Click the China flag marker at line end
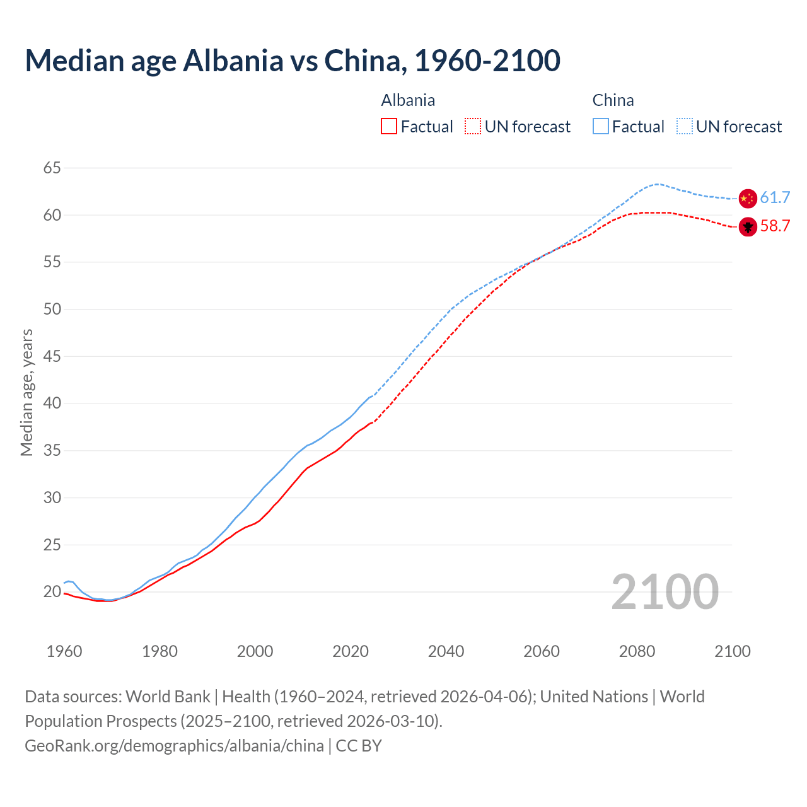(x=747, y=198)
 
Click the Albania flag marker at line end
(x=747, y=226)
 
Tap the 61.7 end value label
(x=775, y=198)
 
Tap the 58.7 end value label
(x=775, y=226)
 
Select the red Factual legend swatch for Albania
(x=389, y=127)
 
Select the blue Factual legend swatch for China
(x=601, y=127)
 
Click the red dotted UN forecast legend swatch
(x=473, y=127)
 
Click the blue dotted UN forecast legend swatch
(x=685, y=127)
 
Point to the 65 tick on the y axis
(x=52, y=168)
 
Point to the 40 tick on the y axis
(x=52, y=403)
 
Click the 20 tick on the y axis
(x=52, y=591)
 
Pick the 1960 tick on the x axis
(x=64, y=651)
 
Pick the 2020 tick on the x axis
(x=351, y=651)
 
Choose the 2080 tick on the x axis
(x=637, y=651)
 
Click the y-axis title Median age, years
(x=26, y=392)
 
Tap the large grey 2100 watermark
(x=665, y=591)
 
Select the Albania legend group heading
(x=408, y=100)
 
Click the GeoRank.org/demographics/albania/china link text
(x=174, y=745)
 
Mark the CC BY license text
(x=359, y=745)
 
